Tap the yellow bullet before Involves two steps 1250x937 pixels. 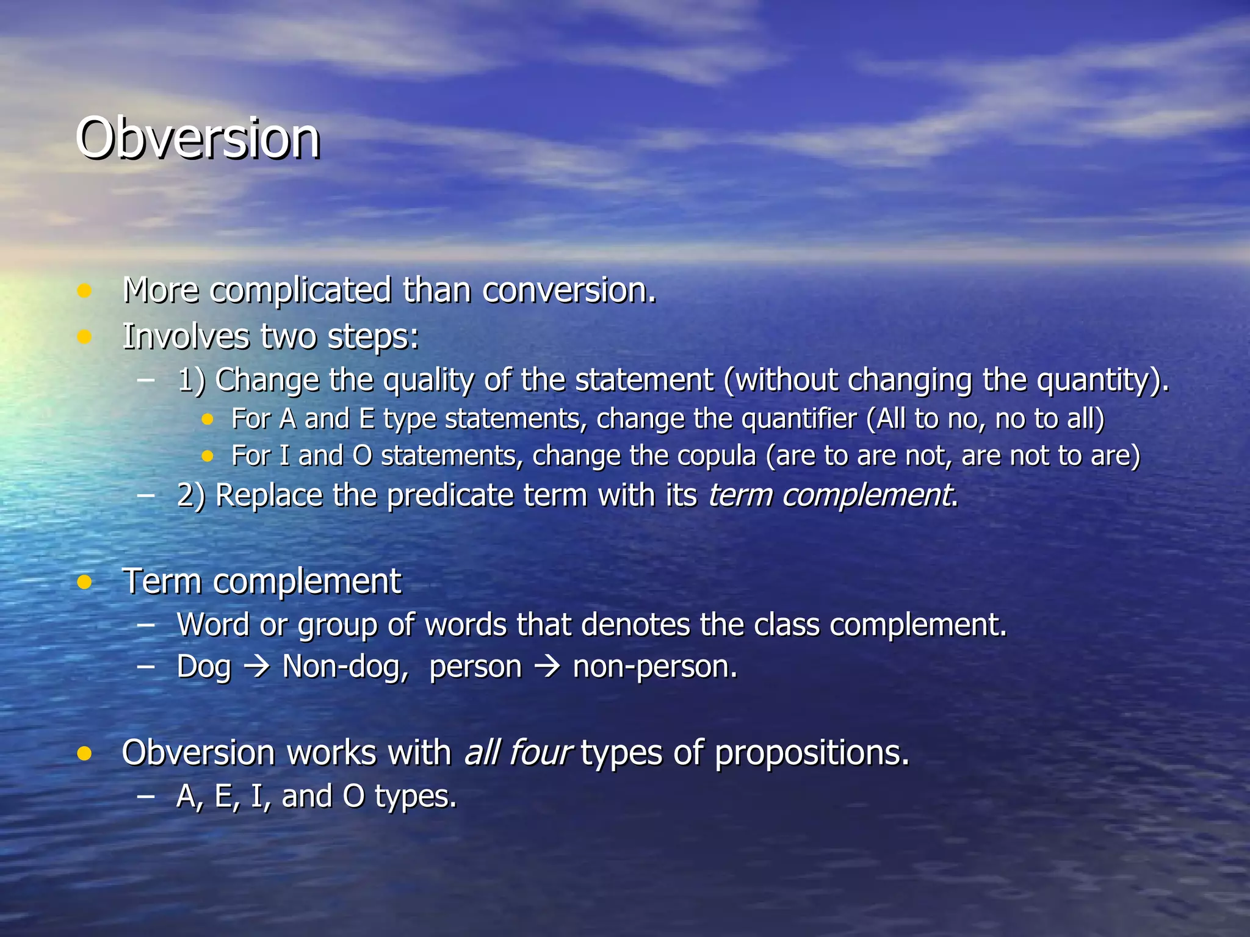pos(84,337)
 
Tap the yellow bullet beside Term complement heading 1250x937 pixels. pos(84,582)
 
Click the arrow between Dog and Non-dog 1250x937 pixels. pos(256,667)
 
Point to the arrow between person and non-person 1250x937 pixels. pos(547,667)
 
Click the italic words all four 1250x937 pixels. pos(517,753)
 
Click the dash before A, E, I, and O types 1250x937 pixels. pos(146,796)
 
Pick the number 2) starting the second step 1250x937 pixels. pos(191,495)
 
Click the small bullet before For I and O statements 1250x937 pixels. pos(208,456)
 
